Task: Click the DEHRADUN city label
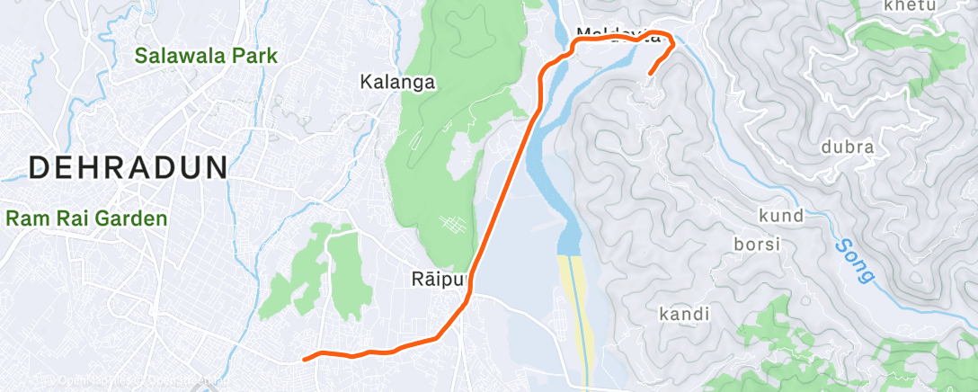(129, 168)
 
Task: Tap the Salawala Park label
(207, 56)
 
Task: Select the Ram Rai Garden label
(86, 218)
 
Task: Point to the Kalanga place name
(397, 83)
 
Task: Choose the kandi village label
(684, 315)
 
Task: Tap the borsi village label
(758, 244)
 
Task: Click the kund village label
(780, 216)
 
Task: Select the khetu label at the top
(910, 6)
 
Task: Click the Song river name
(855, 260)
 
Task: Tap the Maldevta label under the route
(610, 35)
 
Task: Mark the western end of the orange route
(306, 359)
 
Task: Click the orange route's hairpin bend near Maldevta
(671, 40)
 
